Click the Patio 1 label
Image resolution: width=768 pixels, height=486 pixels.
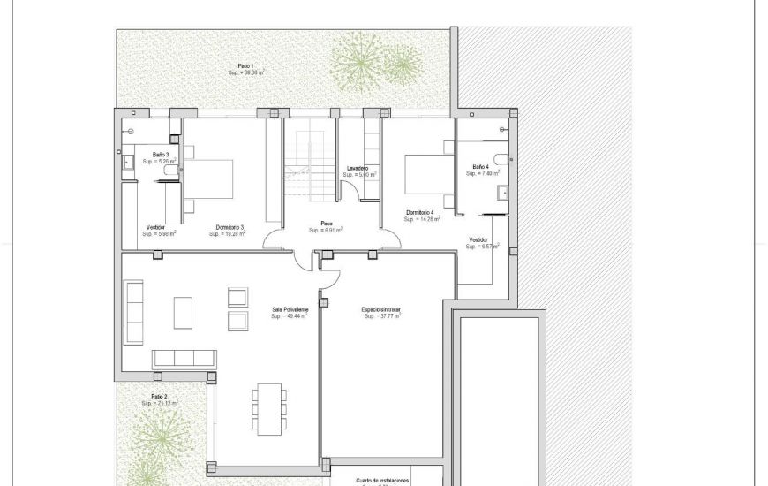tap(245, 66)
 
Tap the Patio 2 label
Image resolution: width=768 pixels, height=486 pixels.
tap(159, 397)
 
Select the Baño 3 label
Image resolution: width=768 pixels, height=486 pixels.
tap(160, 155)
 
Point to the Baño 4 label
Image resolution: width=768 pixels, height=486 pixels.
tap(480, 167)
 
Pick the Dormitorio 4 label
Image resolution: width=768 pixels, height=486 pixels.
tap(420, 212)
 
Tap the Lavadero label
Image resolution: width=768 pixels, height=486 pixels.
tap(358, 168)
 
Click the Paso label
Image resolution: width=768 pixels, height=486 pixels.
tap(326, 224)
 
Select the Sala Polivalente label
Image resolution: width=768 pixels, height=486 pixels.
tap(290, 309)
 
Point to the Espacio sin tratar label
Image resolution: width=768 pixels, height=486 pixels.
tap(382, 309)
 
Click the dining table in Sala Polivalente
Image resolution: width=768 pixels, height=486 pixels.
tap(268, 407)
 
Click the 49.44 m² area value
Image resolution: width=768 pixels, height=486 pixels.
tap(290, 315)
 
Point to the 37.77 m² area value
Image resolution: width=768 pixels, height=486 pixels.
tap(382, 315)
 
